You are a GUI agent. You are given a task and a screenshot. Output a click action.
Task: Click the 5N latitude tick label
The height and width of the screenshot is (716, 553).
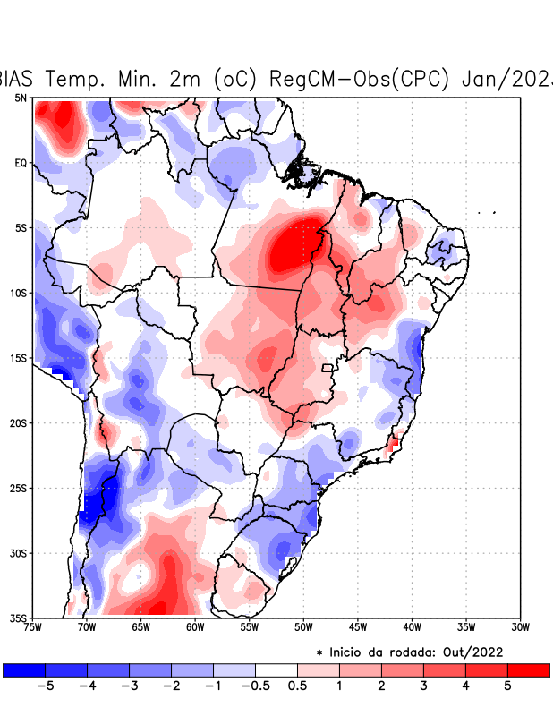pyautogui.click(x=21, y=98)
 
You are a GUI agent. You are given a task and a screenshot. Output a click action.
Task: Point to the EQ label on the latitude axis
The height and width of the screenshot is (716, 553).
pyautogui.click(x=21, y=163)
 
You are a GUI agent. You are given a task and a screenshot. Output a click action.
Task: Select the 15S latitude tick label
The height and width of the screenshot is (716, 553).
pyautogui.click(x=19, y=358)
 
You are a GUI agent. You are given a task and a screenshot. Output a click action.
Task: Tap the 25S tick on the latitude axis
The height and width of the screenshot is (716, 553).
pyautogui.click(x=19, y=488)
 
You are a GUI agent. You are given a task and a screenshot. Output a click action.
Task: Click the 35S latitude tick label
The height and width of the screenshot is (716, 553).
pyautogui.click(x=19, y=618)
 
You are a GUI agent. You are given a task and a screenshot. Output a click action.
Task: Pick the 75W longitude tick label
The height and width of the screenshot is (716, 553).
pyautogui.click(x=34, y=627)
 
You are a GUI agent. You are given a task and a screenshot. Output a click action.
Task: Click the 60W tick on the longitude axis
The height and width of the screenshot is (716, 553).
pyautogui.click(x=194, y=627)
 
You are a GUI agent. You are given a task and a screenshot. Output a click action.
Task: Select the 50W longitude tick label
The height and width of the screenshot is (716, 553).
pyautogui.click(x=303, y=627)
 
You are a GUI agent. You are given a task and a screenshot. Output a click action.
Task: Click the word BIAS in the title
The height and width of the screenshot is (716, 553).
pyautogui.click(x=17, y=78)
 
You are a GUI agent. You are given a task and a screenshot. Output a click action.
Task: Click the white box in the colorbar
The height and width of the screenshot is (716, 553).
pyautogui.click(x=276, y=669)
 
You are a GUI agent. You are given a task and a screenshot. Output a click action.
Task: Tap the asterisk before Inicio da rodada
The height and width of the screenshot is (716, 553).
pyautogui.click(x=319, y=653)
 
